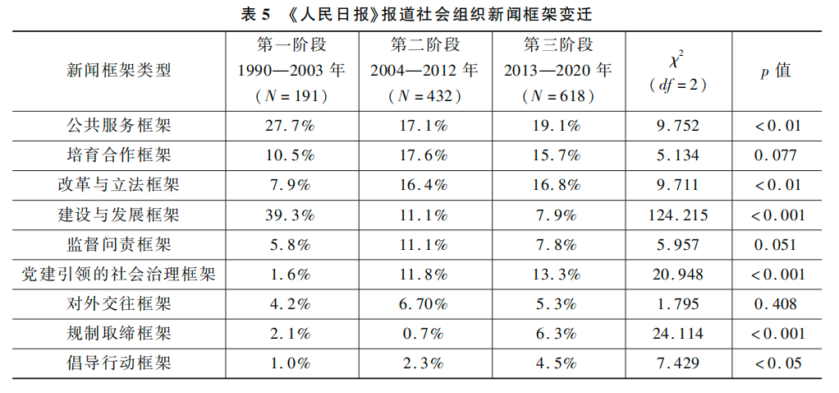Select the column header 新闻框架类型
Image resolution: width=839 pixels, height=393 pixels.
point(119,71)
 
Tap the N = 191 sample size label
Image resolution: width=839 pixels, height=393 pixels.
point(291,95)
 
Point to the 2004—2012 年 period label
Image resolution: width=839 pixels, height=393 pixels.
point(424,71)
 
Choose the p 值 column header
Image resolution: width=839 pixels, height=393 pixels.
point(775,71)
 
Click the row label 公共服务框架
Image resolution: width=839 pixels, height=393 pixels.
point(119,126)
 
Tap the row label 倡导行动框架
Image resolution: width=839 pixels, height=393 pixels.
point(119,363)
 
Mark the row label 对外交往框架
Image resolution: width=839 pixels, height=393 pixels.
point(119,304)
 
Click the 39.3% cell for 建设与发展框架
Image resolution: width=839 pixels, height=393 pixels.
point(291,215)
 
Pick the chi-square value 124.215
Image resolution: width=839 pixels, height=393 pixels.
point(677,215)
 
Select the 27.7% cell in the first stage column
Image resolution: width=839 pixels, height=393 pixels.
point(291,126)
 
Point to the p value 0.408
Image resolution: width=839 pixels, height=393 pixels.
point(775,304)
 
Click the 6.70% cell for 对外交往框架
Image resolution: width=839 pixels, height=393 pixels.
point(424,304)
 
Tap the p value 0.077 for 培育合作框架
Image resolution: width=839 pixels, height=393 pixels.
point(775,155)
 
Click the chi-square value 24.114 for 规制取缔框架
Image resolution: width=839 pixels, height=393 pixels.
point(677,334)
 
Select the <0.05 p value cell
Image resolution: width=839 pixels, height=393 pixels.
point(775,363)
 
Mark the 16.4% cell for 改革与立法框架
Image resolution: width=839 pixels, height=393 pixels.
point(424,185)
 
